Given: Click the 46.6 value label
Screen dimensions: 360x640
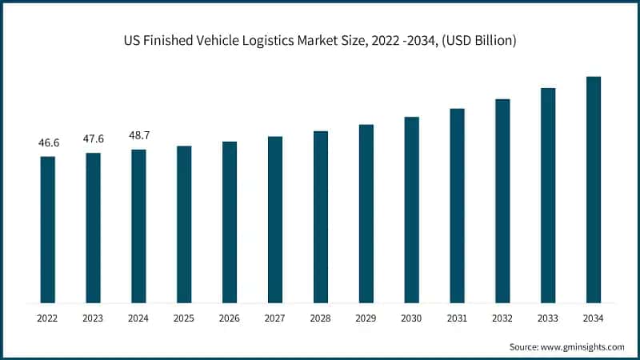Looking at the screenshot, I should (x=48, y=143).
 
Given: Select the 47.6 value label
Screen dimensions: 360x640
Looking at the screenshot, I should (x=94, y=139).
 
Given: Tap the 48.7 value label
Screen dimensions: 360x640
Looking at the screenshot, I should (x=139, y=136).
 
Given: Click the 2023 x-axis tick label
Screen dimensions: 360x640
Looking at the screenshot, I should (x=94, y=318).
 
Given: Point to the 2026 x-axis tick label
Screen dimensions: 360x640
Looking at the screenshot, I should (x=230, y=318).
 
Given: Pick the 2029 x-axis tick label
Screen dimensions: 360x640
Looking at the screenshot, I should (x=366, y=318).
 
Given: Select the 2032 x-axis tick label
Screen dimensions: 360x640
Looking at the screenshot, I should (x=502, y=318).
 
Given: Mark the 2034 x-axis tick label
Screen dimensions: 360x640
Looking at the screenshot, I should (x=594, y=318).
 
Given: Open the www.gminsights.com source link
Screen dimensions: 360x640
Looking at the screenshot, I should (x=581, y=346).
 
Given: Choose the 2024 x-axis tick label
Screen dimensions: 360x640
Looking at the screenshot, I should (x=139, y=318).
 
